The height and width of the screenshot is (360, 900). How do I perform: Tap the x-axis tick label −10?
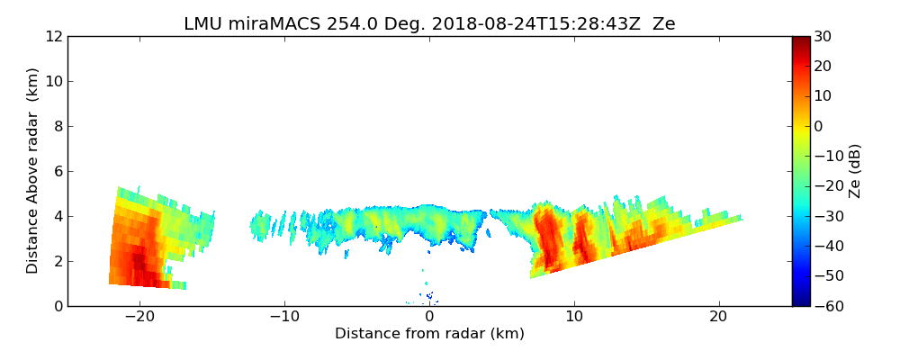(x=284, y=317)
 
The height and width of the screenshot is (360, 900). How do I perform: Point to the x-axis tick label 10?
(x=574, y=317)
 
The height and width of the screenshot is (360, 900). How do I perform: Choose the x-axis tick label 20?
(x=718, y=317)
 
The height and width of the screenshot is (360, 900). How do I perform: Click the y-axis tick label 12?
(x=54, y=36)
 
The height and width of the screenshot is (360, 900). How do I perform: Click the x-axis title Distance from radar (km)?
(x=429, y=334)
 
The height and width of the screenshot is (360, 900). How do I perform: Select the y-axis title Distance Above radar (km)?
(x=33, y=171)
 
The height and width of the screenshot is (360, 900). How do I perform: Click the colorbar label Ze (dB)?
(x=855, y=171)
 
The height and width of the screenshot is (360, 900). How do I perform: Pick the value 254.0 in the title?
(x=340, y=24)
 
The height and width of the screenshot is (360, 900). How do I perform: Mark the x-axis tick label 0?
(x=429, y=317)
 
